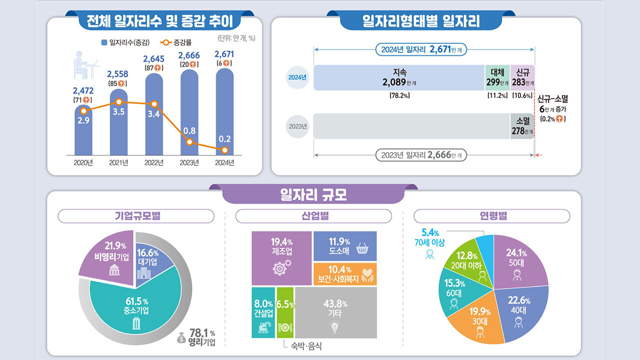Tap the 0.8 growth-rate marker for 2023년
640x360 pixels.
(189, 142)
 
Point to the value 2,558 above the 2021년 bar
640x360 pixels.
(118, 74)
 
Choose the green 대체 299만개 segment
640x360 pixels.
(497, 77)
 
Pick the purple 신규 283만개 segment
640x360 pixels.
(522, 77)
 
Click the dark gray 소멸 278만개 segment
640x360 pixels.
(522, 126)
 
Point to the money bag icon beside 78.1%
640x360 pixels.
(181, 338)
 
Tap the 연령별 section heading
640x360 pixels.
(491, 216)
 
